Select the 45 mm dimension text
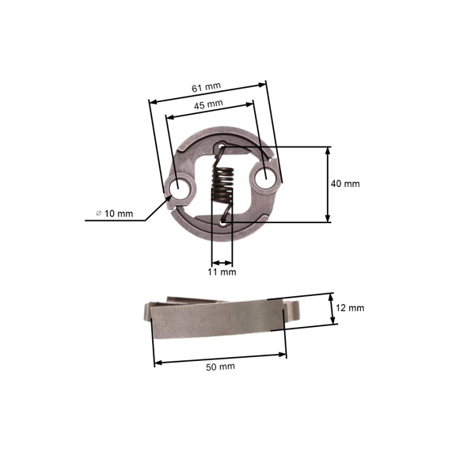pyautogui.click(x=207, y=103)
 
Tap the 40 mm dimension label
pyautogui.click(x=345, y=183)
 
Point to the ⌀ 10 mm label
pyautogui.click(x=115, y=214)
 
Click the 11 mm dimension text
pyautogui.click(x=222, y=272)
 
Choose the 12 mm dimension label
pyautogui.click(x=350, y=307)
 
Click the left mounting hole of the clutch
pyautogui.click(x=181, y=189)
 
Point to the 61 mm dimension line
pyautogui.click(x=208, y=92)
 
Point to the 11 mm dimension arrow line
pyautogui.click(x=222, y=263)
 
